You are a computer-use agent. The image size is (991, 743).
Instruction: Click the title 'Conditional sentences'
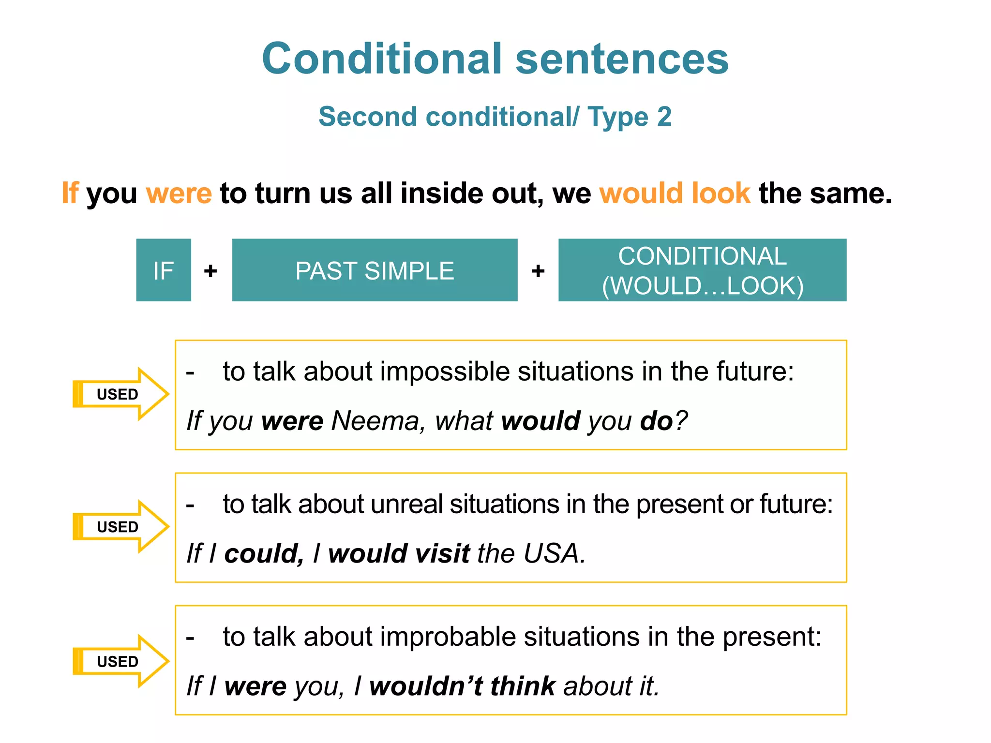[495, 59]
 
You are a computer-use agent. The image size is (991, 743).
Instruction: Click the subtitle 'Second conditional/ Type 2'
[495, 117]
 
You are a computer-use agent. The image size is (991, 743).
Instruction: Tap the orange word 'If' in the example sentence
[70, 193]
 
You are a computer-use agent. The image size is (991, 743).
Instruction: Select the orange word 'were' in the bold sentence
[179, 193]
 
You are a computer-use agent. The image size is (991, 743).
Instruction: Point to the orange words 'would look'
[675, 193]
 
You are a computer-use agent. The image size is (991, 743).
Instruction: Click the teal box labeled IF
[164, 270]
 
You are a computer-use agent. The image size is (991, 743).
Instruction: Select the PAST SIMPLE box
[375, 270]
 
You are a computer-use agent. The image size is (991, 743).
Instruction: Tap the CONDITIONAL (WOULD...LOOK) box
[702, 270]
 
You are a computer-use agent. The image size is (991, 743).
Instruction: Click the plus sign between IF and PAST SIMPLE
[210, 271]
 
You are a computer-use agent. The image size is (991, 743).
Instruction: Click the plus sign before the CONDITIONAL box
[538, 271]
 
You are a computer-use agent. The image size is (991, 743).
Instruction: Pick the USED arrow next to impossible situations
[120, 394]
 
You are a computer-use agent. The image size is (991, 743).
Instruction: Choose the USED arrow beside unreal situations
[120, 526]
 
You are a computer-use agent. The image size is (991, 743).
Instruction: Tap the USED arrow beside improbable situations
[120, 661]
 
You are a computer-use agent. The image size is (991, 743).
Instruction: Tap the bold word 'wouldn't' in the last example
[426, 686]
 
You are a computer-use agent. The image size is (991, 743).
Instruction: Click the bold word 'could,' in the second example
[264, 553]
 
